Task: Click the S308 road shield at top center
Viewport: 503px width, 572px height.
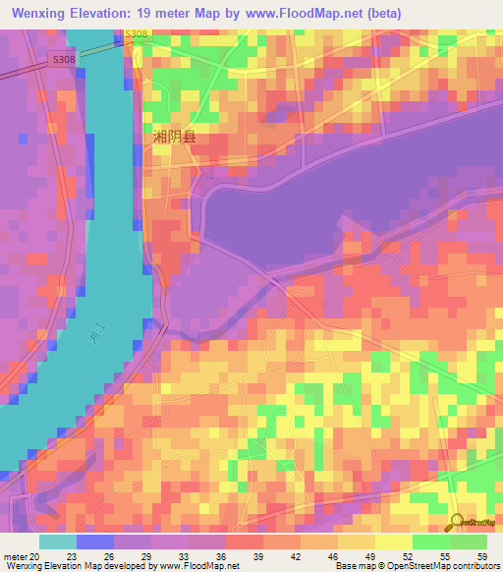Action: click(x=137, y=34)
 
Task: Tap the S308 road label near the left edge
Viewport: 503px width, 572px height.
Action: click(x=63, y=60)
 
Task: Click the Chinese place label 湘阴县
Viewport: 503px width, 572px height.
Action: click(x=175, y=137)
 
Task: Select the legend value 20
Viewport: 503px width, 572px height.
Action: click(x=35, y=556)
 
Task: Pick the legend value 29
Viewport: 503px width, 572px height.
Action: click(x=147, y=556)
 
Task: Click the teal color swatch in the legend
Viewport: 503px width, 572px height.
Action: click(x=57, y=542)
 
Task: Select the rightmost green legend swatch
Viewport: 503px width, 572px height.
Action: click(x=468, y=542)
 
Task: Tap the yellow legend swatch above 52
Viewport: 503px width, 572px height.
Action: click(x=393, y=542)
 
